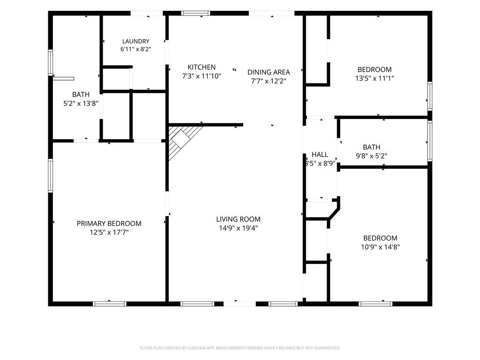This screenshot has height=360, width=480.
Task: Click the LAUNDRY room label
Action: (135, 41)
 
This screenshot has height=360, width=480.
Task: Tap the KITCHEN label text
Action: (202, 67)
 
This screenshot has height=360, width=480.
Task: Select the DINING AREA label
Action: (269, 72)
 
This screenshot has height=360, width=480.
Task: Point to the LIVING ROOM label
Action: (238, 219)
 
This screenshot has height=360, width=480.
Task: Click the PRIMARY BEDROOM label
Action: (109, 224)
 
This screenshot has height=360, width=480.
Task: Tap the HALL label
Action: (320, 155)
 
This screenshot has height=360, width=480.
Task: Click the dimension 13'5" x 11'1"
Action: (375, 78)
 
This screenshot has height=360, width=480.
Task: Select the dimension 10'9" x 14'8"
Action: (380, 247)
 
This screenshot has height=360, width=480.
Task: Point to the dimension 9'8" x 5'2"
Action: (371, 156)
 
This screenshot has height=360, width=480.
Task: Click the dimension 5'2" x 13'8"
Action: (81, 104)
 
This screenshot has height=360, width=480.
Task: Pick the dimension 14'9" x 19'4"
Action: (238, 228)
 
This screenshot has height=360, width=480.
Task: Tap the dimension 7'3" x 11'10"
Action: (202, 76)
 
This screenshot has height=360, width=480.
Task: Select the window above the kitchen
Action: (195, 13)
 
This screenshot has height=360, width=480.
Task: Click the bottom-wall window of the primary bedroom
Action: (110, 304)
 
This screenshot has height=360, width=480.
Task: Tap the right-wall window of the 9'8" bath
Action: (429, 141)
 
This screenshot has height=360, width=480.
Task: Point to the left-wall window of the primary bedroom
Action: (50, 175)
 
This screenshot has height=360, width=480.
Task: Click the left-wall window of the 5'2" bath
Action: (50, 62)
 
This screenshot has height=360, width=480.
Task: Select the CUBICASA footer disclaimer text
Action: (240, 348)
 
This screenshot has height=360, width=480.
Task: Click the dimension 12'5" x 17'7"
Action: (109, 232)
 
